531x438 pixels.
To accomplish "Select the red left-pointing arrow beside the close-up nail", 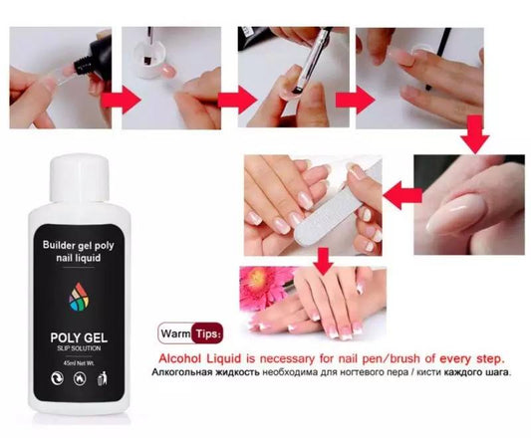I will [x=398, y=193].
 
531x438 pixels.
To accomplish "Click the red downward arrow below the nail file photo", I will [x=321, y=262].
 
